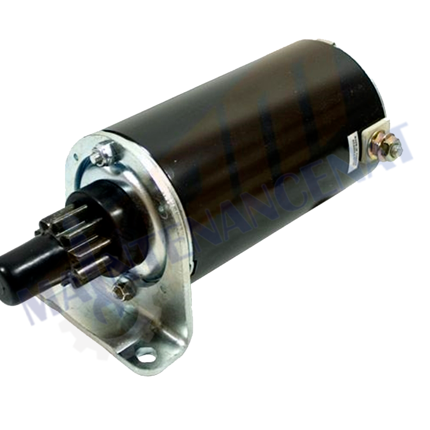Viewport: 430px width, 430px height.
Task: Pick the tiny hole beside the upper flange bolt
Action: tap(76, 158)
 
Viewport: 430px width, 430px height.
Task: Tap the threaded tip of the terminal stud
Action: tap(397, 144)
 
